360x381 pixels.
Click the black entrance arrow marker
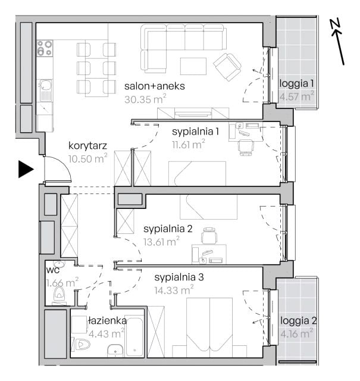(x=26, y=169)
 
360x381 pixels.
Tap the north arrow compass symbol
(x=338, y=42)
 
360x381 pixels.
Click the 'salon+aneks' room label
(x=155, y=86)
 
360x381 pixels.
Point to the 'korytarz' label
(x=87, y=146)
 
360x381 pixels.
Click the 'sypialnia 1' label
(x=196, y=132)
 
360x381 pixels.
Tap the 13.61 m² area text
(x=161, y=242)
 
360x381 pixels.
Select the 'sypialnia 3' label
(x=179, y=277)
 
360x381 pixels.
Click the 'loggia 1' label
(x=296, y=83)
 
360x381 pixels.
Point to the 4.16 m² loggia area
(x=296, y=333)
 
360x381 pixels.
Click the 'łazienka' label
(x=107, y=321)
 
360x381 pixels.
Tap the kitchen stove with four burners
(x=45, y=48)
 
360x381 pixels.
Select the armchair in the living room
(x=227, y=67)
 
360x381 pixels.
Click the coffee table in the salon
(x=193, y=66)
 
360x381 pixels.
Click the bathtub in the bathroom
(x=134, y=337)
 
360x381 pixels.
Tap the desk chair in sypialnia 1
(x=246, y=147)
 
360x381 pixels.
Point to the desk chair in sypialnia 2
(x=209, y=235)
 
